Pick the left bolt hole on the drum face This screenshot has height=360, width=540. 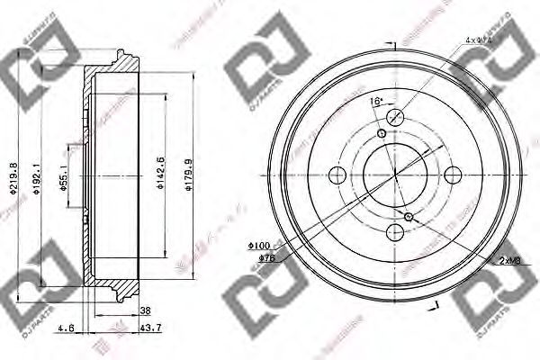(337, 175)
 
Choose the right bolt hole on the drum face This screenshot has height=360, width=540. (453, 175)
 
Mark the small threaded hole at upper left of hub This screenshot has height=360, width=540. (382, 134)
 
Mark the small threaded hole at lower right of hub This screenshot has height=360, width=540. (409, 217)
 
